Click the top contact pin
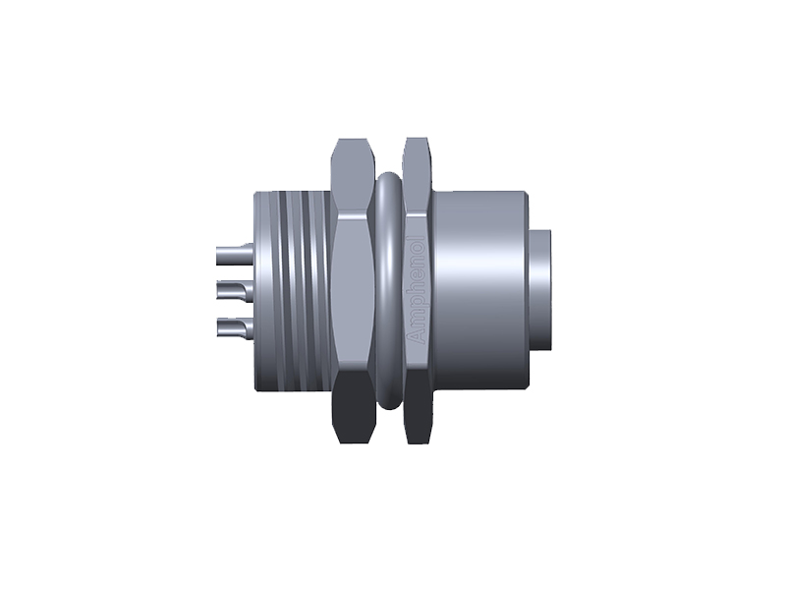click(232, 255)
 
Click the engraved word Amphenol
click(417, 289)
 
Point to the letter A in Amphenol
click(417, 337)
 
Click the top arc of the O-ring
click(387, 181)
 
